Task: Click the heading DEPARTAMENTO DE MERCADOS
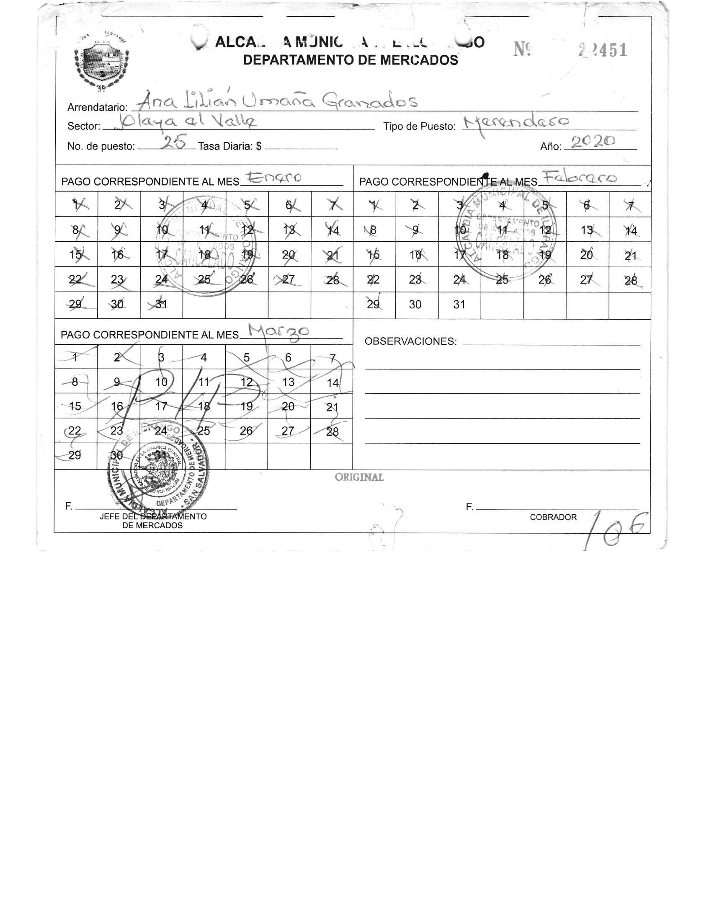[350, 60]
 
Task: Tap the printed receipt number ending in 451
[603, 51]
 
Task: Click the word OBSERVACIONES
[410, 341]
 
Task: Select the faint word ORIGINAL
[359, 477]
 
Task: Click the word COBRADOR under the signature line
[553, 517]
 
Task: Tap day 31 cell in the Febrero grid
[459, 305]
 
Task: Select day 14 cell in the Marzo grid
[332, 382]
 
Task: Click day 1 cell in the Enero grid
[76, 205]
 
